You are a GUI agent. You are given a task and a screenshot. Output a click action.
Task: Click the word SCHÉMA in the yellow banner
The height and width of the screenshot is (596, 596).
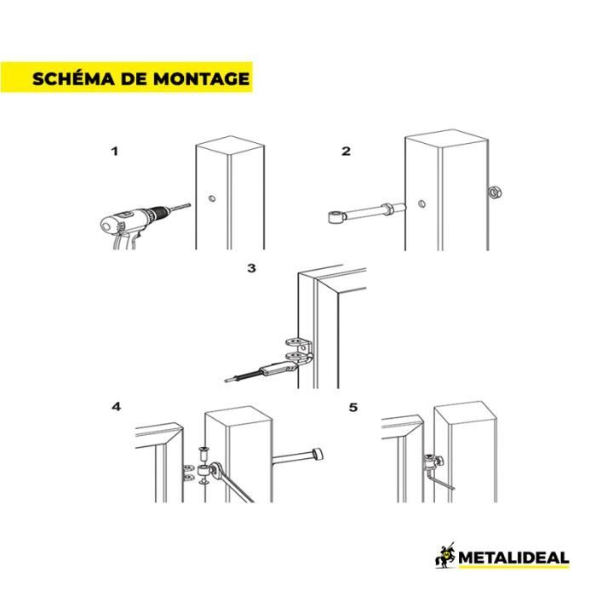[x=73, y=78]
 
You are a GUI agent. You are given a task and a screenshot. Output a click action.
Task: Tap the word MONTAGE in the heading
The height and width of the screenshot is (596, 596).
[x=202, y=78]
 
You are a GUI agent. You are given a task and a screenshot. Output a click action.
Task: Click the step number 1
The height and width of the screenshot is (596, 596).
[x=114, y=152]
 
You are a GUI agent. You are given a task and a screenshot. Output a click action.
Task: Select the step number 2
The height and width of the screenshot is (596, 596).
[x=346, y=152]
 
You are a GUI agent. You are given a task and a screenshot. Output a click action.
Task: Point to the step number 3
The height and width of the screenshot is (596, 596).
[x=251, y=268]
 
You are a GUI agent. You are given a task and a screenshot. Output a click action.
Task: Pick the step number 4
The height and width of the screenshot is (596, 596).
[x=117, y=407]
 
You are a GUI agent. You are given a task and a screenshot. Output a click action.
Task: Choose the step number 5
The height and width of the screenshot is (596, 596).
[x=353, y=408]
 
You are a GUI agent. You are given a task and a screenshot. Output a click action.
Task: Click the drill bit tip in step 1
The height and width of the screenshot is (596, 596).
[x=189, y=205]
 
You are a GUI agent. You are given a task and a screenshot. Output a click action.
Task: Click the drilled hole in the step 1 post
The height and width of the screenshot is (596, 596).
[x=212, y=198]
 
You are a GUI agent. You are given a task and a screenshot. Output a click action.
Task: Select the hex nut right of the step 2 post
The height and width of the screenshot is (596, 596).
[x=495, y=192]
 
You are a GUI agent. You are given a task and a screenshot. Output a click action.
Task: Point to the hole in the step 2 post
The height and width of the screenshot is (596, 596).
[x=421, y=203]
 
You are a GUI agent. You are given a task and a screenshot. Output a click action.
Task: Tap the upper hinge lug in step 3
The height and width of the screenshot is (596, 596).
[x=299, y=343]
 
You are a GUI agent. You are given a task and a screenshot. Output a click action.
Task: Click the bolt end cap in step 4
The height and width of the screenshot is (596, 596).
[x=318, y=454]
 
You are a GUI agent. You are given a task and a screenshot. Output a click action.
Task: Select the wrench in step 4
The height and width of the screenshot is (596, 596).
[x=231, y=482]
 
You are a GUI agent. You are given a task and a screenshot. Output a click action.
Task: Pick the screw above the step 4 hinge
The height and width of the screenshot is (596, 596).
[x=204, y=454]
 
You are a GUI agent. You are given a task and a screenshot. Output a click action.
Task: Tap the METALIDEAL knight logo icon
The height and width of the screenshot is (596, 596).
[x=445, y=556]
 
